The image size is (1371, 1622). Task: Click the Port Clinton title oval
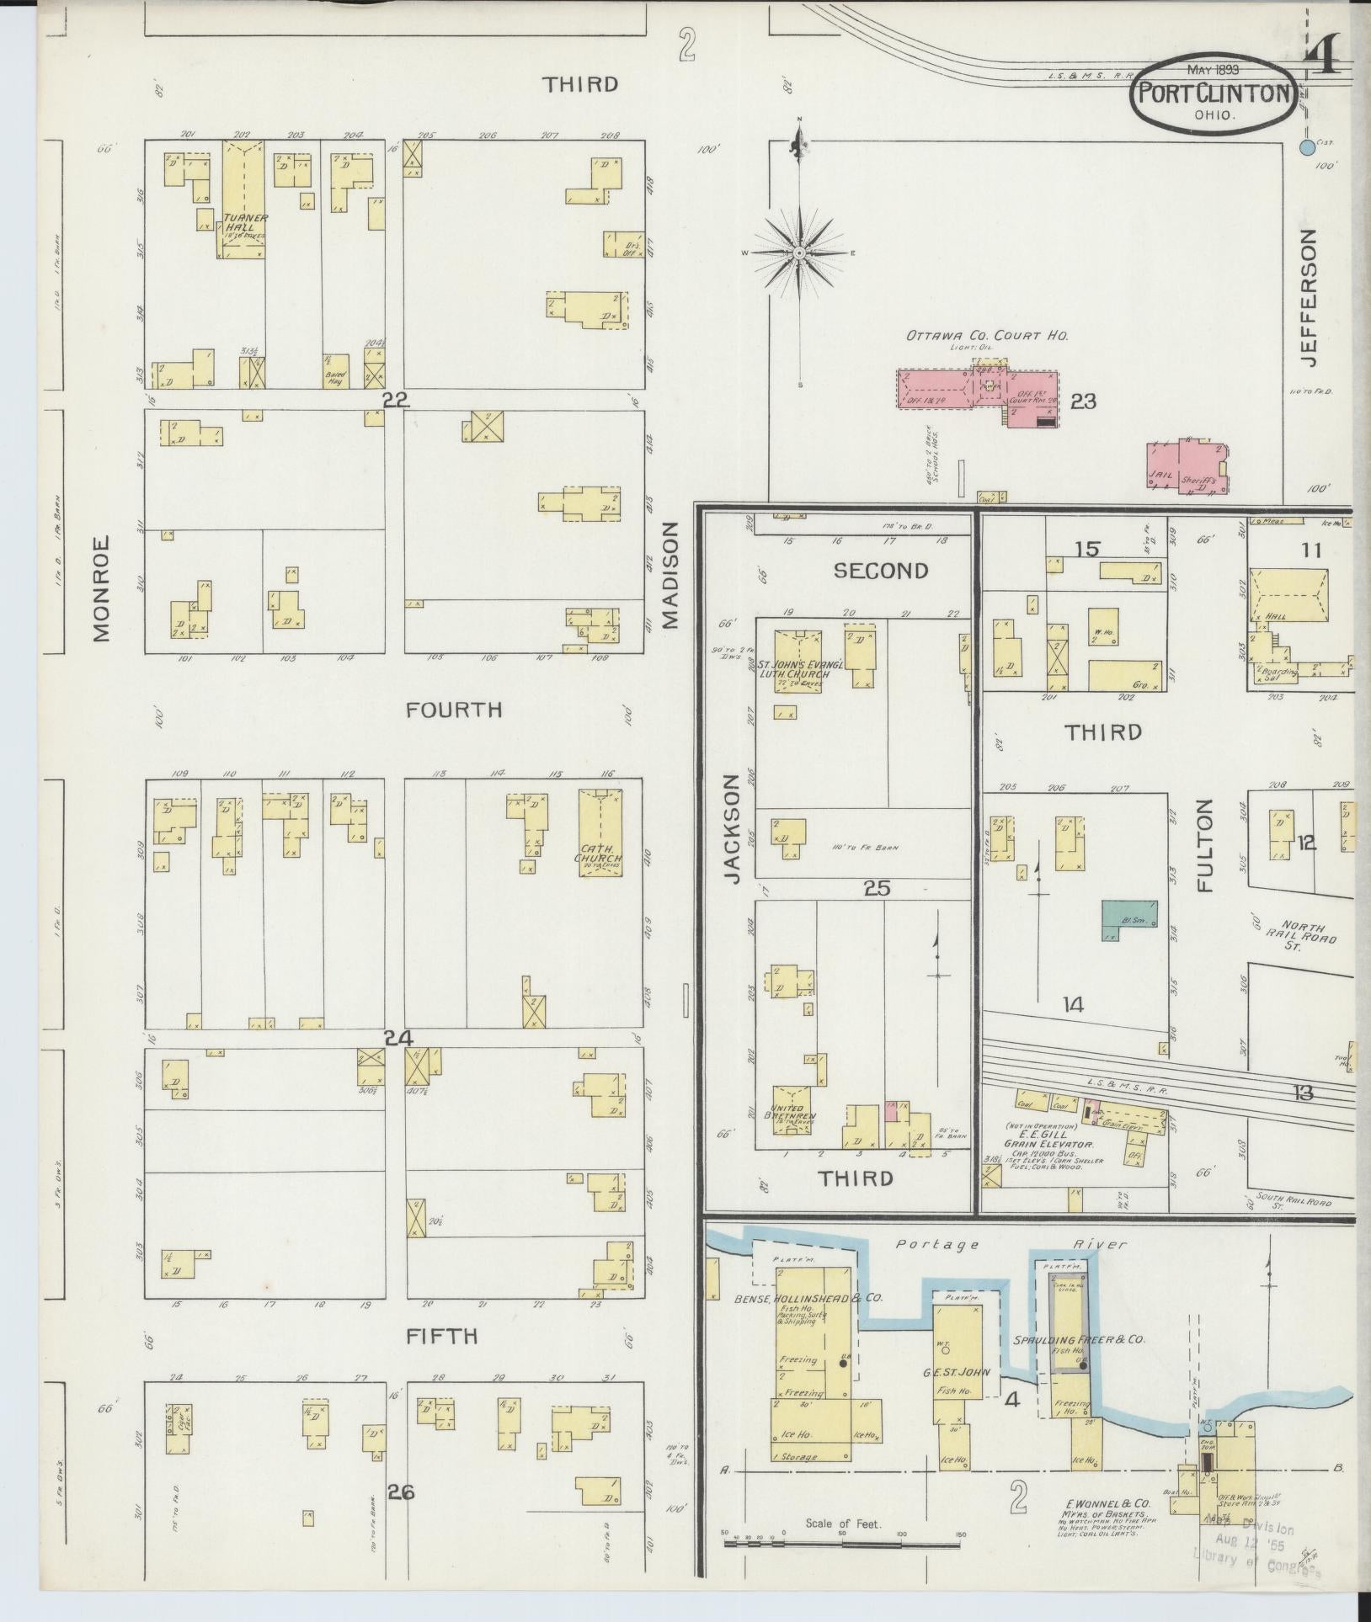pos(1214,93)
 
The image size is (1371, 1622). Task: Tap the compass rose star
pos(799,253)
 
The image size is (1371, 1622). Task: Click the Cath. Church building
pos(600,832)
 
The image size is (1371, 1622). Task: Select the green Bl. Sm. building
pos(1129,920)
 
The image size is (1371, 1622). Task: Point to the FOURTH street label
pos(454,710)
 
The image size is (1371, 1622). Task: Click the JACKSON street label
pos(730,829)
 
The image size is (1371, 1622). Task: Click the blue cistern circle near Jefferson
pos(1306,148)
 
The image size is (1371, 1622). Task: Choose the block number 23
pos(1083,402)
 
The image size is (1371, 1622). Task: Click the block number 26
pos(401,1492)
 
